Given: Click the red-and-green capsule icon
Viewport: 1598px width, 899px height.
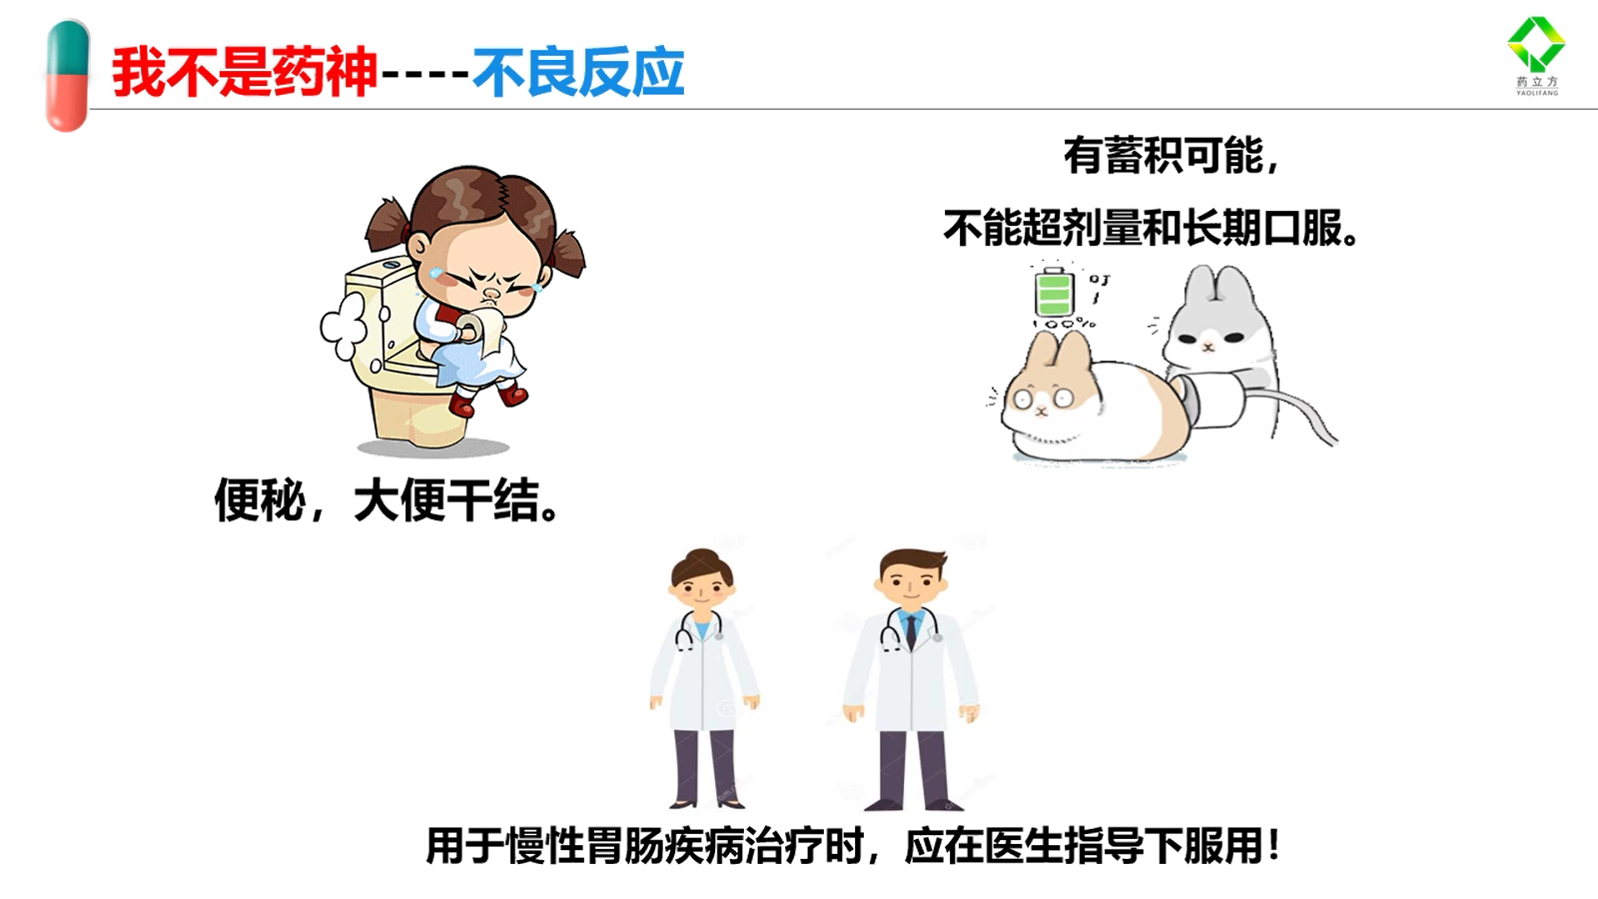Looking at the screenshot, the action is pos(67,76).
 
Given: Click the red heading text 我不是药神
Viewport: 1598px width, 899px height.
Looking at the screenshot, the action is pos(244,72).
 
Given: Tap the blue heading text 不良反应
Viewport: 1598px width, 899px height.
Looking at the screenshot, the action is pos(578,72).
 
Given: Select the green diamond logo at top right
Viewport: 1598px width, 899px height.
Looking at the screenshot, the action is pos(1536,44).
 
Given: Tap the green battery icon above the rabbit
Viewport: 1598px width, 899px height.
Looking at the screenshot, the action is pos(1055,291).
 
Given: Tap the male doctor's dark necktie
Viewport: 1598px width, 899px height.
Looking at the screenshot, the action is pos(911,631).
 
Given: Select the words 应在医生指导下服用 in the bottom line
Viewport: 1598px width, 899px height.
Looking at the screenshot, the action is pos(1084,846).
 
